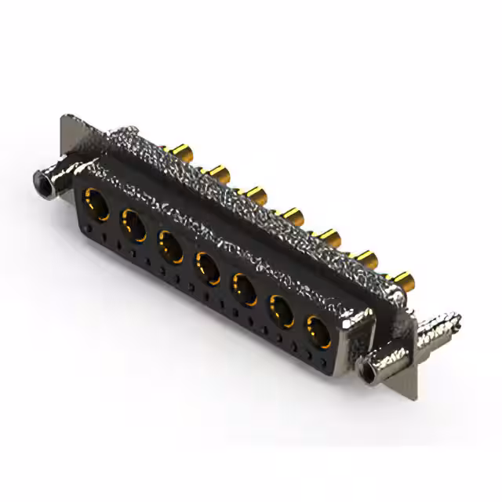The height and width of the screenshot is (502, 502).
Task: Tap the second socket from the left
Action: (133, 225)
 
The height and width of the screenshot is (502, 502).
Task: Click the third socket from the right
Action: (244, 287)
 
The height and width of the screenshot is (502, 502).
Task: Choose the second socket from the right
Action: (282, 309)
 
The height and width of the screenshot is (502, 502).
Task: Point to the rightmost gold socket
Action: (318, 331)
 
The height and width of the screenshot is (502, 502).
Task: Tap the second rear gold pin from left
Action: (216, 172)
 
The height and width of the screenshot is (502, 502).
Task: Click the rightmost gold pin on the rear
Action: (403, 279)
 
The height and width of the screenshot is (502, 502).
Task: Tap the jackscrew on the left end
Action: (49, 183)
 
